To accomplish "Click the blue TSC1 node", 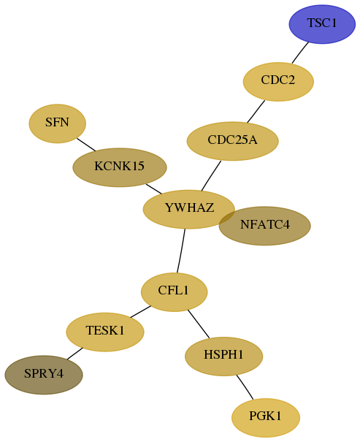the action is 322,24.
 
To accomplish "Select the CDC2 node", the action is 278,82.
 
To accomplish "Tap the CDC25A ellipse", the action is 233,141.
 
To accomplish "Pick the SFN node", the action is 58,123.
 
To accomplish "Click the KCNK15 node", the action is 120,167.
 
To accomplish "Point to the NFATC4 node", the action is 265,226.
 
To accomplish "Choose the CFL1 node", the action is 174,292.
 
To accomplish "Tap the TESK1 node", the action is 105,332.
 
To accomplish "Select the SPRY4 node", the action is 44,375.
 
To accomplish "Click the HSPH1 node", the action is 224,356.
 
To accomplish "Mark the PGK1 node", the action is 266,417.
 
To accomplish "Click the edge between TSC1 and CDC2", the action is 300,53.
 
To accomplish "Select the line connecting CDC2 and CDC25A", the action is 256,111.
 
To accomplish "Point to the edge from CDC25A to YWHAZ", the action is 211,175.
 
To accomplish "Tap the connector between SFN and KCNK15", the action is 86,145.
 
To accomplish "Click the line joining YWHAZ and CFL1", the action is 181,251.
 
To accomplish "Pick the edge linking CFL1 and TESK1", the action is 140,311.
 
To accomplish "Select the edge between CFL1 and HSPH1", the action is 199,324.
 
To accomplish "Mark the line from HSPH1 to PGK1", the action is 245,387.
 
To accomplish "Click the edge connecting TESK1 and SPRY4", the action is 74,354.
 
